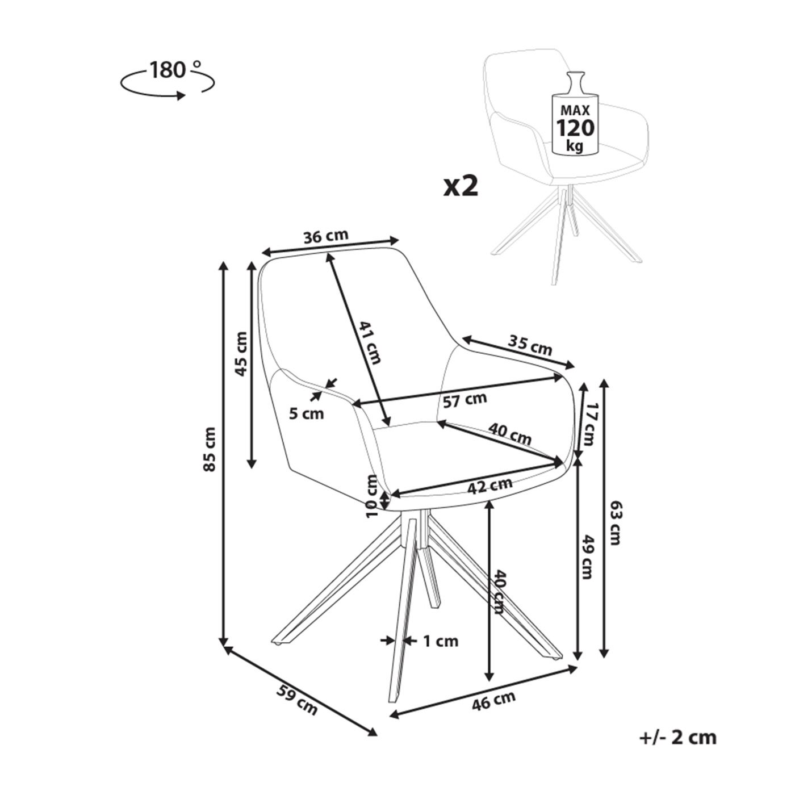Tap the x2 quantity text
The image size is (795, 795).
[x=461, y=186]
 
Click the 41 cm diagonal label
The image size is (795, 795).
[x=370, y=342]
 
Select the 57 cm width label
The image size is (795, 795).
[x=465, y=400]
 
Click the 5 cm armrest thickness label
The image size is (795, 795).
[x=306, y=413]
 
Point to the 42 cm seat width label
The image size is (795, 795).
[x=489, y=486]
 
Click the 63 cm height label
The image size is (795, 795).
[x=616, y=522]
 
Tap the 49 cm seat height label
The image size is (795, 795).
[x=588, y=556]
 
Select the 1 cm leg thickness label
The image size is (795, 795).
[x=440, y=641]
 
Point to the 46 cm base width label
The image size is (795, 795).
[x=493, y=700]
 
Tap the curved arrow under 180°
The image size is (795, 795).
[x=168, y=87]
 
